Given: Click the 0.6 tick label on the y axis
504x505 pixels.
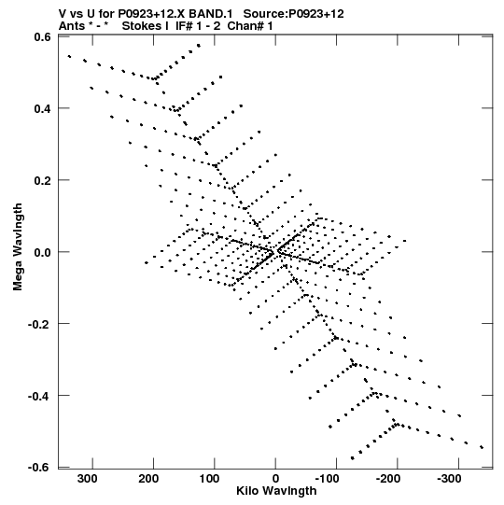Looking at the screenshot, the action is pos(42,36).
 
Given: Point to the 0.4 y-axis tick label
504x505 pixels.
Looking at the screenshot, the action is pos(42,108).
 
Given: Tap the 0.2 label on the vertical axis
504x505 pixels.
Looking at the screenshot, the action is pos(42,180).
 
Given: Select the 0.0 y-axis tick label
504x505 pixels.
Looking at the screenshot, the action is pos(42,252).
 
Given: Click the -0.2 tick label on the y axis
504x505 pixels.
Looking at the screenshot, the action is pos(39,324).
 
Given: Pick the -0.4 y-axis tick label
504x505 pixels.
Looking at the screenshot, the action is pos(39,396).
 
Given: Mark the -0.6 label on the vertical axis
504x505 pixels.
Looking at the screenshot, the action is pos(39,467).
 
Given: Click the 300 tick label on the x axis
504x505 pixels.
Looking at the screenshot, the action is pos(88,479).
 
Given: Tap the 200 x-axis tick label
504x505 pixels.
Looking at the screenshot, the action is pos(148,479).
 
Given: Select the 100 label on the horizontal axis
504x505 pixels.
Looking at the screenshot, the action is pos(209,479).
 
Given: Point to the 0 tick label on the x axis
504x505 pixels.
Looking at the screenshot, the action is pos(275,479).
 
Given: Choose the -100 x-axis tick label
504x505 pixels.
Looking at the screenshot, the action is pos(328,479).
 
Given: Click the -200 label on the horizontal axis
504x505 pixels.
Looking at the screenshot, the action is pos(388,479).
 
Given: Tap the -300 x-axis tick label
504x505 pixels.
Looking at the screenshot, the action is pos(449,479).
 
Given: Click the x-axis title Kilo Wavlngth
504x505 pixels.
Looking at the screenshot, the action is pos(276,491).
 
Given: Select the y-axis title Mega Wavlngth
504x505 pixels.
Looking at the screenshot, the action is pos(18,247).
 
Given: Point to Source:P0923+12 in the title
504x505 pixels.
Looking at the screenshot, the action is pos(293,14).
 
